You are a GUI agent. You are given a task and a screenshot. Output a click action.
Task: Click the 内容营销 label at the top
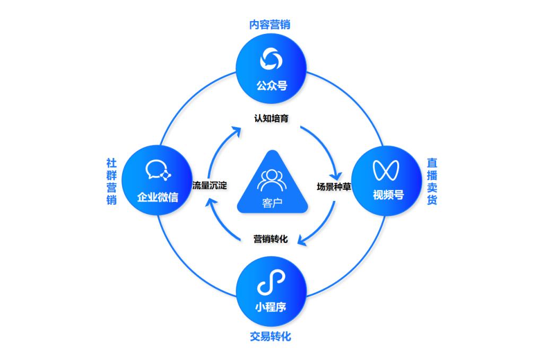(x=269, y=24)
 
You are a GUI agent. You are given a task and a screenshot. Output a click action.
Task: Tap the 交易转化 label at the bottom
(x=270, y=336)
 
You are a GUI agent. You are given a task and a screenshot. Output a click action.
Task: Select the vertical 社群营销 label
(x=111, y=182)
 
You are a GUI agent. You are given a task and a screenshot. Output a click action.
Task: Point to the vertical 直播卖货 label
(x=432, y=181)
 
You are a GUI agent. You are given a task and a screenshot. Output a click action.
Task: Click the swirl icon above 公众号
(x=270, y=59)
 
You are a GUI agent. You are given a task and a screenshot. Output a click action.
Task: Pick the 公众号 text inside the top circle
(x=270, y=85)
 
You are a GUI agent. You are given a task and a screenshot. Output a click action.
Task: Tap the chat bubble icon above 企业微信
(x=158, y=171)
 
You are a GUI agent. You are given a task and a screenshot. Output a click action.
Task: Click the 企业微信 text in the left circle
(x=158, y=198)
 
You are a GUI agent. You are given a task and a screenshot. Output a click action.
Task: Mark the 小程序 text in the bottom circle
(x=271, y=307)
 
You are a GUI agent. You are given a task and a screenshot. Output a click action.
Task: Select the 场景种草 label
(x=333, y=186)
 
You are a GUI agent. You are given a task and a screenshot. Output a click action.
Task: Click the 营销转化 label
(x=271, y=239)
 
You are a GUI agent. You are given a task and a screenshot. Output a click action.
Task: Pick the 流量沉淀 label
(x=210, y=186)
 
